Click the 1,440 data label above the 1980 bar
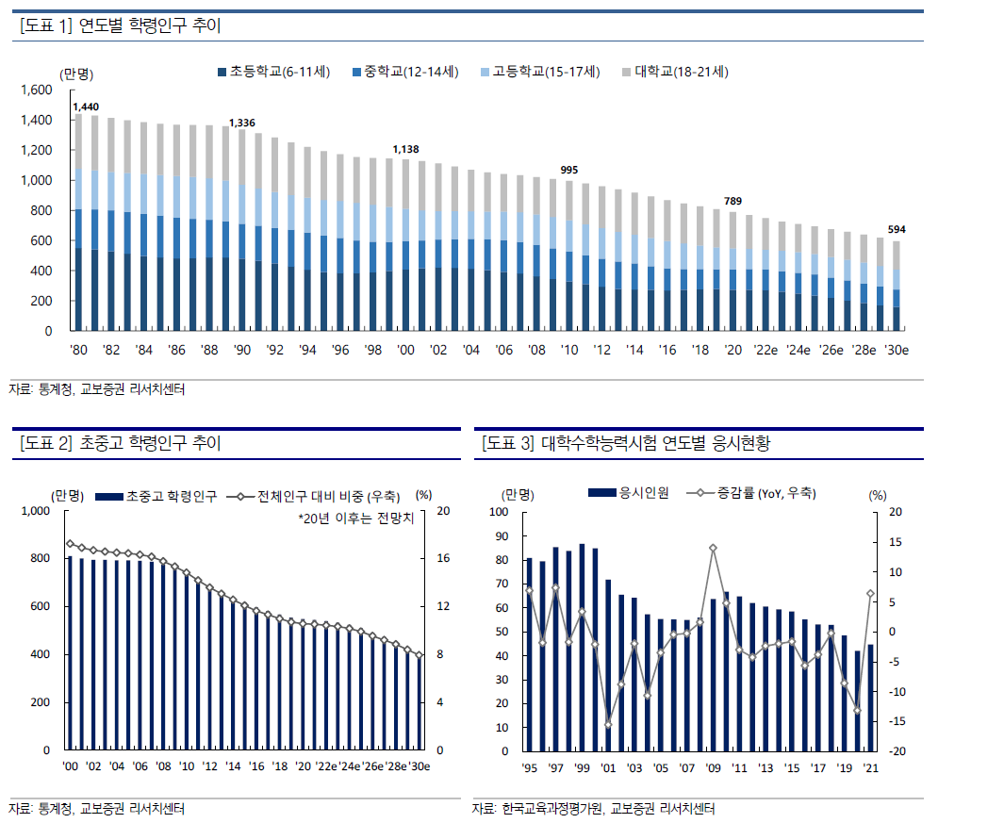click(x=85, y=107)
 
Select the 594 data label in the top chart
click(x=897, y=229)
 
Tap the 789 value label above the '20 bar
click(x=733, y=201)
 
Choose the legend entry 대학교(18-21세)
click(x=682, y=72)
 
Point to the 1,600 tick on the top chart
click(x=38, y=91)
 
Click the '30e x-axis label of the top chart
click(x=895, y=350)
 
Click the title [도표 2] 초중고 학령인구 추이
click(x=120, y=443)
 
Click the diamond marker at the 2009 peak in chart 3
click(x=713, y=548)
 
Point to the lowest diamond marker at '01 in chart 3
click(x=608, y=724)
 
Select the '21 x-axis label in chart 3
click(x=871, y=768)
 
